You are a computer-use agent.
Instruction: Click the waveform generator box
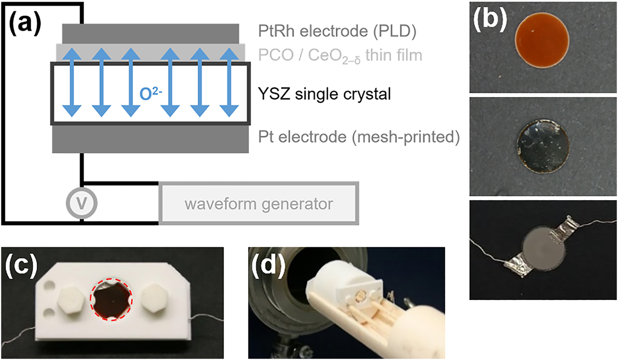[x=259, y=204]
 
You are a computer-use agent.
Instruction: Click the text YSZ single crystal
[x=324, y=94]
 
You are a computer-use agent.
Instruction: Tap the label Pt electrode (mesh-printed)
[x=359, y=139]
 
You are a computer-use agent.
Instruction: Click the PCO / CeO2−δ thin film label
[x=340, y=55]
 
